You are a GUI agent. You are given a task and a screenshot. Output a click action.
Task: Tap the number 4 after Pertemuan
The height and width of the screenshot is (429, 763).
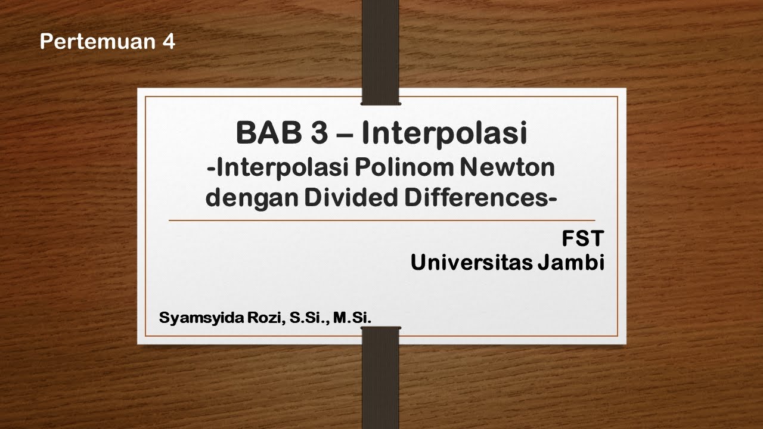169,42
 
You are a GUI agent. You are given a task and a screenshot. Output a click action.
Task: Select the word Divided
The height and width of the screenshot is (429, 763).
349,197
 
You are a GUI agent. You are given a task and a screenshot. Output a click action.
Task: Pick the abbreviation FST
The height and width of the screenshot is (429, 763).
583,240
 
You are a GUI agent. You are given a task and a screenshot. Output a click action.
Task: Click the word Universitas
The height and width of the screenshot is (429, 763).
470,262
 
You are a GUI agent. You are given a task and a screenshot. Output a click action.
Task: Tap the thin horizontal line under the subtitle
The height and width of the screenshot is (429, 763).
381,220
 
